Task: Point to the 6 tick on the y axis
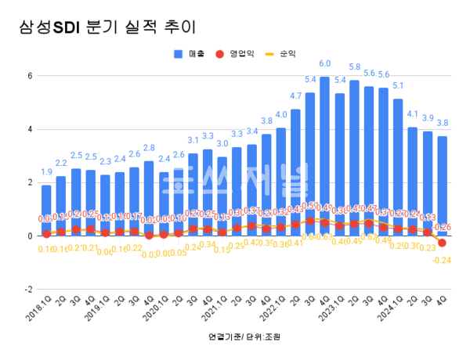29,76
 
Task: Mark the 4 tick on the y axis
29,129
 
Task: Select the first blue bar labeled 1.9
46,210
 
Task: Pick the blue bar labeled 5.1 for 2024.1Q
398,167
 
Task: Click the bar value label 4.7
295,96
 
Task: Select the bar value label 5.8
354,67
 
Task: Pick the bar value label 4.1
413,114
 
